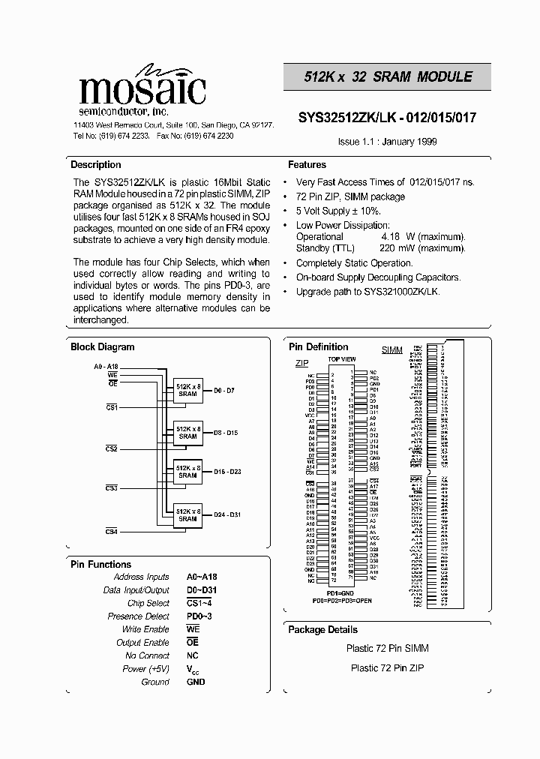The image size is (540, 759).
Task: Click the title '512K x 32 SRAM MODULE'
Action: tap(388, 76)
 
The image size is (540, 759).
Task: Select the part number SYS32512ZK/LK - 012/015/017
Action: tap(387, 118)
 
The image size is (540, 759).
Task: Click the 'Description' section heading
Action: tap(95, 165)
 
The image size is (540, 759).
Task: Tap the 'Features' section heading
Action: tap(307, 165)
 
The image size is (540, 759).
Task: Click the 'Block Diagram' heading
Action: tap(102, 347)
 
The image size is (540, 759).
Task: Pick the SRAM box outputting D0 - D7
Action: tap(187, 391)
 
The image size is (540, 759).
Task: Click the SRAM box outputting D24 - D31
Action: tap(187, 515)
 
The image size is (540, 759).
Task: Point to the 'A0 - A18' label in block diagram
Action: tap(106, 366)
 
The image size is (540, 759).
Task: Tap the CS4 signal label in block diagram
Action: tap(111, 531)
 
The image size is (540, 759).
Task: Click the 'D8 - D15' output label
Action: tap(225, 433)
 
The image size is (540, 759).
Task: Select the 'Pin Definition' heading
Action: tap(318, 347)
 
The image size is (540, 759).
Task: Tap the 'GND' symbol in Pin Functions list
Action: tap(195, 682)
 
